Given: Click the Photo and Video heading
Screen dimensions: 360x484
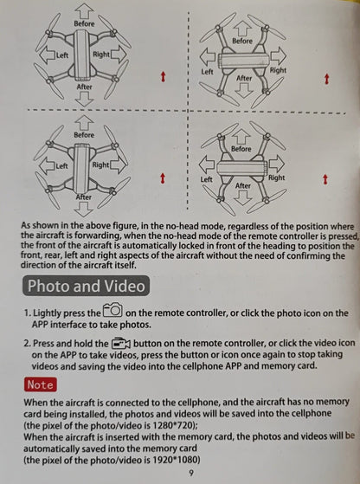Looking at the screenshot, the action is [86, 286].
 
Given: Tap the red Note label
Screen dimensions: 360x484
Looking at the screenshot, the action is [41, 384].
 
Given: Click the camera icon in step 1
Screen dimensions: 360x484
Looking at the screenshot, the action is [112, 310].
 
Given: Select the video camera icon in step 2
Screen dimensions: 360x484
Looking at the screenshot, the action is [120, 343].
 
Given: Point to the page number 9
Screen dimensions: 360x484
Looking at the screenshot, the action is [191, 473].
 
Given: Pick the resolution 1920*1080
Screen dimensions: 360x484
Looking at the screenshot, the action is [177, 460].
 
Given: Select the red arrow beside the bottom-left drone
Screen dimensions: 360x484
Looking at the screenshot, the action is [163, 178].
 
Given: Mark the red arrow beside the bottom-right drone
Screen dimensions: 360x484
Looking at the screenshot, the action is [325, 179].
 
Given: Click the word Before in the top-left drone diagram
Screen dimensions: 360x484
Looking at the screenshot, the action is [84, 23].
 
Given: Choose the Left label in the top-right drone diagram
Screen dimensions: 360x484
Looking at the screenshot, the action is [207, 72].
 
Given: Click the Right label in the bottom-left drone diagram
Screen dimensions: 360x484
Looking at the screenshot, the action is [100, 165].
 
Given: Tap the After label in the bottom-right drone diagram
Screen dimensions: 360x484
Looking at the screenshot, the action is [243, 185].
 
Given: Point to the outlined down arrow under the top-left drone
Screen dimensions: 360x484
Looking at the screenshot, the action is [84, 99].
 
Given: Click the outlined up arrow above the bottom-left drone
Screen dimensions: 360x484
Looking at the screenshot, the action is [84, 122].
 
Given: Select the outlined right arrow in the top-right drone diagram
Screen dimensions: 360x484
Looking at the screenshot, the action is [279, 56].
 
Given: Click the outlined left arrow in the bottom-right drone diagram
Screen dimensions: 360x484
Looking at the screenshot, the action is [207, 165].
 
